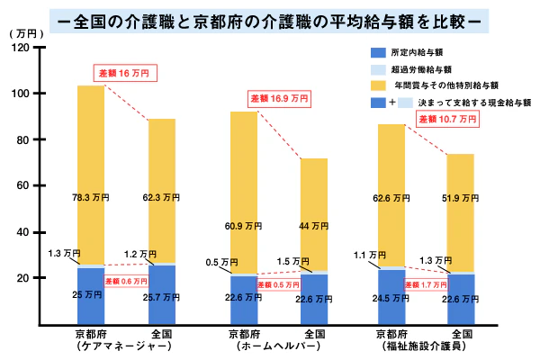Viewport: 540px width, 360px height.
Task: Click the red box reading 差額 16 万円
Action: coord(127,72)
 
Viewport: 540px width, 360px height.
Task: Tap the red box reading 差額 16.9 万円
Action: coord(279,97)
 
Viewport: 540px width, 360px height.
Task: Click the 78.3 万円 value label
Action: coord(92,196)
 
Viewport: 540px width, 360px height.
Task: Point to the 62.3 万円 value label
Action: coord(163,196)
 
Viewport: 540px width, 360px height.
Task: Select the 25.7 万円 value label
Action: coord(163,295)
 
